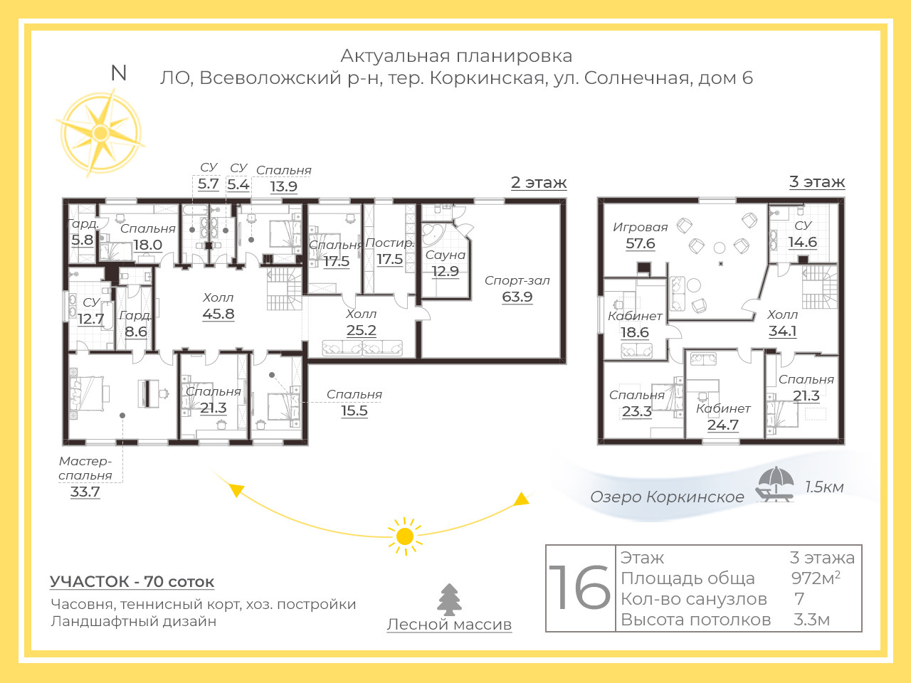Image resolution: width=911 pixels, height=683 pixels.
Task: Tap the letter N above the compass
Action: click(x=119, y=73)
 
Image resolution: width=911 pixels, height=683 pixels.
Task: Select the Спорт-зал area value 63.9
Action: click(x=517, y=297)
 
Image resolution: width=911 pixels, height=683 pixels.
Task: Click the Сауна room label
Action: click(x=446, y=255)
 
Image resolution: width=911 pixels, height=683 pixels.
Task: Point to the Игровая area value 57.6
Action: click(x=640, y=243)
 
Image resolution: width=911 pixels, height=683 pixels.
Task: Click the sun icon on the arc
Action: click(x=405, y=536)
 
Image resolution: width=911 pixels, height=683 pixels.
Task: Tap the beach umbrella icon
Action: click(x=775, y=484)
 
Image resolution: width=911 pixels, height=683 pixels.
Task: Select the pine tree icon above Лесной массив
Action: click(x=449, y=600)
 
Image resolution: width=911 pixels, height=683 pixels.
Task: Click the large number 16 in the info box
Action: click(x=579, y=588)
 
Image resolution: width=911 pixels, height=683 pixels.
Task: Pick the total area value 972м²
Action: click(x=816, y=578)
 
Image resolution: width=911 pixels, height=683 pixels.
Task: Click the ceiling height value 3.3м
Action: click(x=811, y=620)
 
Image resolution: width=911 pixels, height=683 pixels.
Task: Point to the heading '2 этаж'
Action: click(x=539, y=182)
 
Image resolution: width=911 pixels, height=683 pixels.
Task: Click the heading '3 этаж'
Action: click(x=817, y=181)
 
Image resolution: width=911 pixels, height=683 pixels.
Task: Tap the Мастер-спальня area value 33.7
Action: click(x=85, y=492)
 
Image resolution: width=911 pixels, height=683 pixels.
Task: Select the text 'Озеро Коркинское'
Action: click(x=667, y=497)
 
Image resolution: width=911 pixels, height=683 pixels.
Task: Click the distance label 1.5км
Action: click(x=824, y=487)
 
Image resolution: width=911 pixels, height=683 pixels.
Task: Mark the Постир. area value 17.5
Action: click(x=390, y=259)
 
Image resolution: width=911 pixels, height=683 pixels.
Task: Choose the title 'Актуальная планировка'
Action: click(x=456, y=56)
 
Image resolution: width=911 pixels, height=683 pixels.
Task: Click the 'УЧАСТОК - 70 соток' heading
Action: click(x=132, y=581)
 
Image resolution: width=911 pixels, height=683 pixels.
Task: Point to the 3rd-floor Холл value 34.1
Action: click(x=782, y=331)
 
